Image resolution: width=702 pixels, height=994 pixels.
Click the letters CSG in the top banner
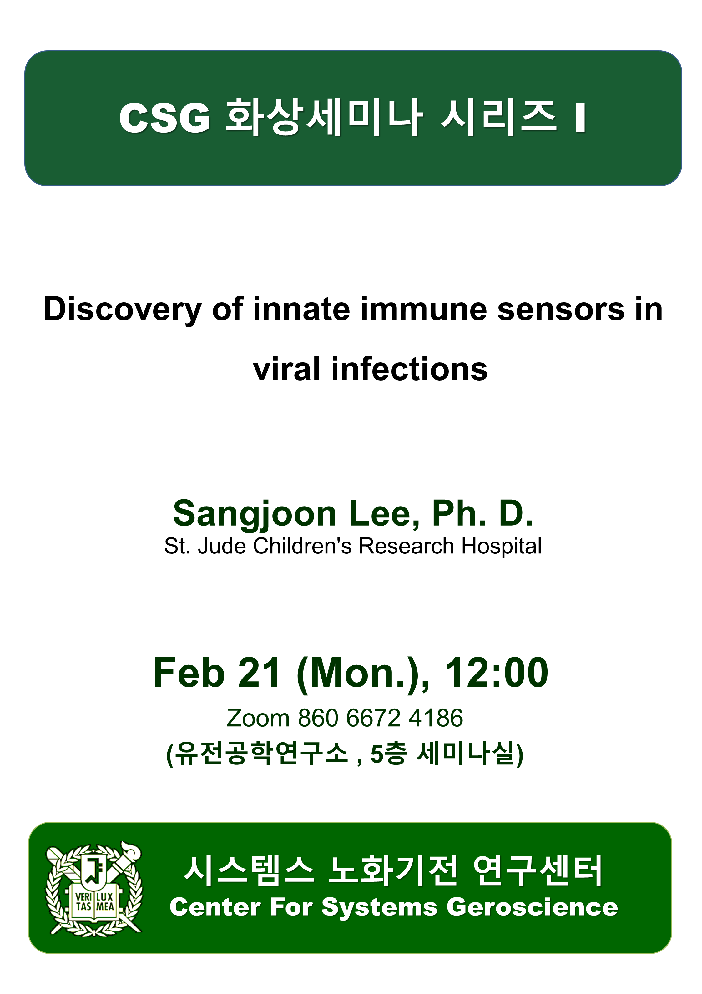[165, 118]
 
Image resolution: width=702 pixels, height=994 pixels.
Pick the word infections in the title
[410, 369]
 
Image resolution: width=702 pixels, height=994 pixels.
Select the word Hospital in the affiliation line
[502, 546]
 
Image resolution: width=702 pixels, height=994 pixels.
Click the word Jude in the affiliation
[222, 546]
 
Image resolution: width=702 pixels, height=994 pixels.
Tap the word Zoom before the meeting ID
[258, 718]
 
